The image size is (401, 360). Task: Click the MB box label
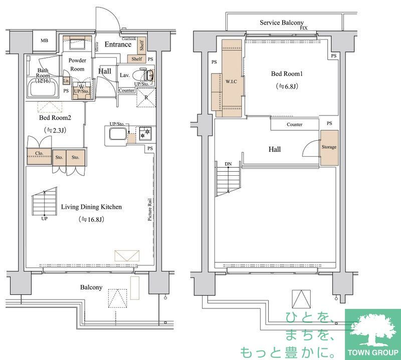[x=45, y=41]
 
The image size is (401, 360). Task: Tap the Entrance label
[x=118, y=45]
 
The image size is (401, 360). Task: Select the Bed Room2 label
[x=56, y=118]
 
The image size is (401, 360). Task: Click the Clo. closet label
[x=39, y=153]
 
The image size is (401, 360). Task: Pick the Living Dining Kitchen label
[x=91, y=206]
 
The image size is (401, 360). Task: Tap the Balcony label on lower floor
[x=91, y=287]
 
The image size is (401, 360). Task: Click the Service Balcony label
[x=282, y=23]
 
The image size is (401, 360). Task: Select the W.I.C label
[x=231, y=81]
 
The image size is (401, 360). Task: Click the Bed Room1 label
[x=287, y=74]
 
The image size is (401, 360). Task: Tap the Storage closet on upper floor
[x=329, y=147]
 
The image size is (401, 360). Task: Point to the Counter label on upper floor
[x=295, y=124]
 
